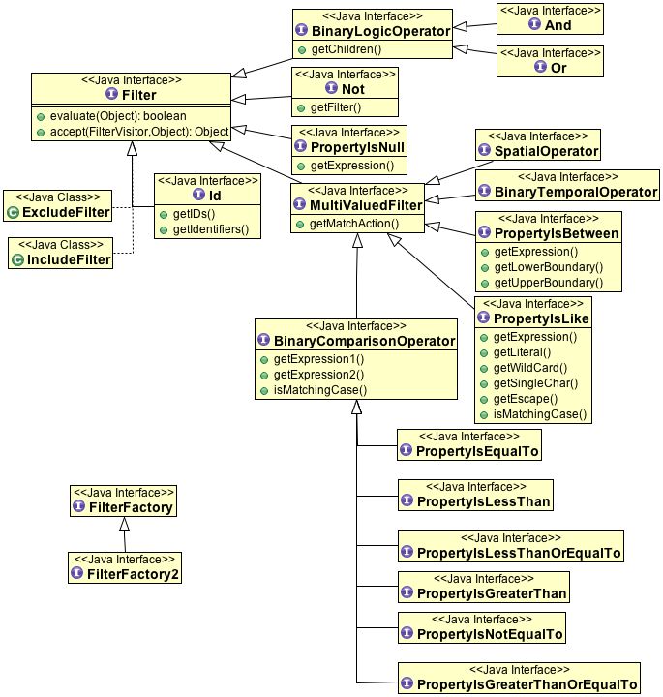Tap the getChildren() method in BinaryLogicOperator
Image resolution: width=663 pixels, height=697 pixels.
point(341,49)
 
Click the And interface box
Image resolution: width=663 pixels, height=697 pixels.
point(549,19)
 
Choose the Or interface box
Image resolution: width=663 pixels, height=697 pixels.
point(549,61)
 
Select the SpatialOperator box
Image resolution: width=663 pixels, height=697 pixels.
point(539,145)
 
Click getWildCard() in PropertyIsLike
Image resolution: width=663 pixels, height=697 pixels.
point(530,368)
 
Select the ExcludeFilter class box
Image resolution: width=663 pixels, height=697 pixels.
point(57,204)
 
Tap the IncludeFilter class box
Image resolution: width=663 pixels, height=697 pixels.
point(60,252)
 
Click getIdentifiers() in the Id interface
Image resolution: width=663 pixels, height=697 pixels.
point(210,229)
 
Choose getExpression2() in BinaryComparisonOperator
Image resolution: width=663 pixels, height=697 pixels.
point(318,375)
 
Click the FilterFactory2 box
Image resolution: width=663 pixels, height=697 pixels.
point(125,566)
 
